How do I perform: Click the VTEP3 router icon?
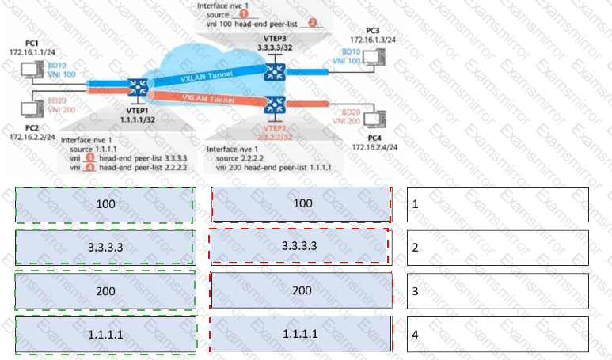[x=276, y=71]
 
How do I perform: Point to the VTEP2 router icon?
[x=276, y=104]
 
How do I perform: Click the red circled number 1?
[x=245, y=14]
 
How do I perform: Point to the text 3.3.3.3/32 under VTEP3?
[x=275, y=48]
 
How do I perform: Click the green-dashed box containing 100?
[x=105, y=205]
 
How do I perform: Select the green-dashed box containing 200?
[x=105, y=290]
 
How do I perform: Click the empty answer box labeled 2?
[x=498, y=247]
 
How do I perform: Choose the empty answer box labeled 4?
[x=498, y=334]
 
